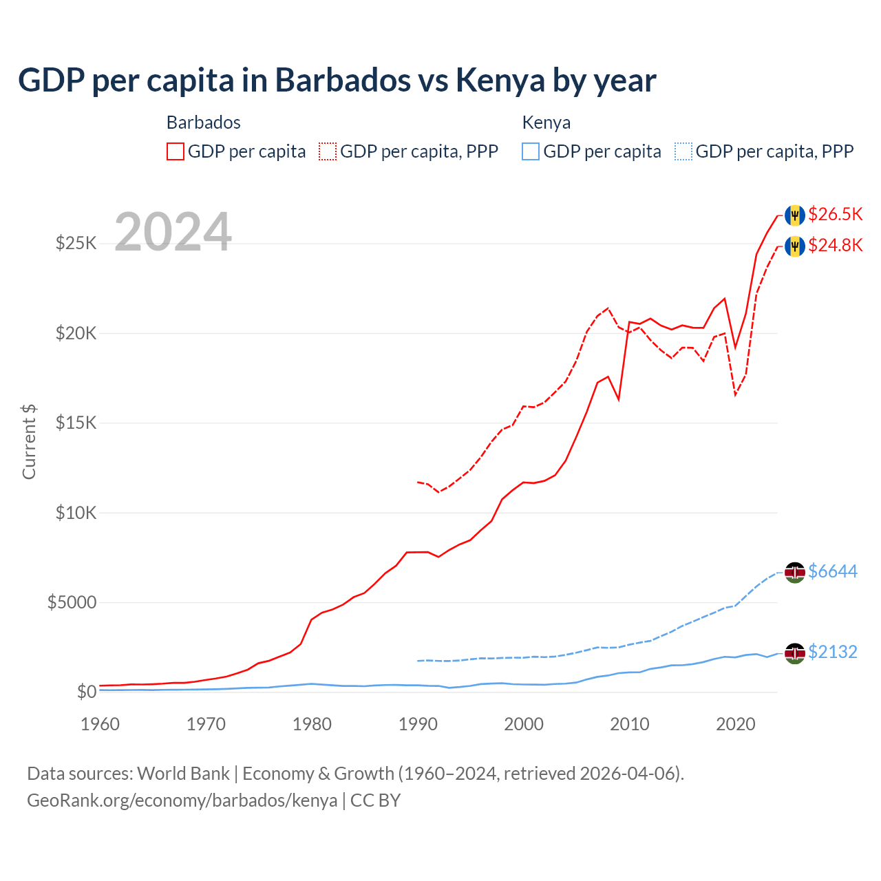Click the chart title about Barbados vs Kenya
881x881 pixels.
point(337,80)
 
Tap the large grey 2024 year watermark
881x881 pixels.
point(173,232)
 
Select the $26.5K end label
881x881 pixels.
point(835,214)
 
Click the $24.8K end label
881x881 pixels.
point(835,245)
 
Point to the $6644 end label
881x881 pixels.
point(832,571)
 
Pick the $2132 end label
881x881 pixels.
point(832,652)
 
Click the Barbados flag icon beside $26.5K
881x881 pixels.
point(795,215)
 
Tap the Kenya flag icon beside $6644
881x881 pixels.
point(795,572)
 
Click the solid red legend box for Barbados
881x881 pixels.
point(176,151)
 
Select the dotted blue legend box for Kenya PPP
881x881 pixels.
point(683,151)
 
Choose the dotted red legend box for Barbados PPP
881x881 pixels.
point(328,151)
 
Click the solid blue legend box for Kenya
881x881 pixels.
point(531,151)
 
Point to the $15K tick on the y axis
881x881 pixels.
point(76,423)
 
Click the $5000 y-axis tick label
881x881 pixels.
point(72,602)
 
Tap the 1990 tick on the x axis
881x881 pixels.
point(418,724)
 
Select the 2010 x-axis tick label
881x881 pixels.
point(630,724)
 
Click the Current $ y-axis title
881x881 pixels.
point(29,442)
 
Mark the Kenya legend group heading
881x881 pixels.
point(546,123)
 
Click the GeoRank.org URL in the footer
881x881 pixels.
point(182,800)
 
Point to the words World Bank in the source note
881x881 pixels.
point(183,774)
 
